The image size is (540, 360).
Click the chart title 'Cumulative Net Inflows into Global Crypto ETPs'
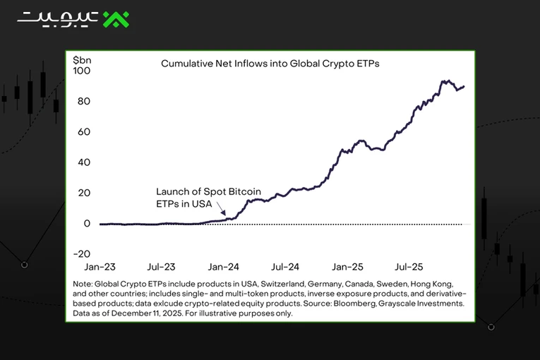point(270,64)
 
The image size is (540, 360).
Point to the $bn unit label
point(82,60)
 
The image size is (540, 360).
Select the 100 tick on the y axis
point(82,71)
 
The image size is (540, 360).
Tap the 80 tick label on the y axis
point(84,101)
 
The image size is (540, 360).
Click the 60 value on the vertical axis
point(84,132)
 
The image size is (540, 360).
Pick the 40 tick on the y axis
point(84,162)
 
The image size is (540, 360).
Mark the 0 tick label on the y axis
point(87,224)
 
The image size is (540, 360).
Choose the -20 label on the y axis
point(82,254)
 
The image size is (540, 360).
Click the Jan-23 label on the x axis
point(100,267)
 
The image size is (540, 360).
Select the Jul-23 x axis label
point(161,267)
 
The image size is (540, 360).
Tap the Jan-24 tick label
point(224,267)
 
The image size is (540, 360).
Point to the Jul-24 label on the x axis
point(285,267)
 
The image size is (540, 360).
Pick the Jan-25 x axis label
point(347,267)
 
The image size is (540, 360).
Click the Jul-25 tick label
point(409,267)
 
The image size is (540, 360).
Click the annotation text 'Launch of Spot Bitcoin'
point(208,191)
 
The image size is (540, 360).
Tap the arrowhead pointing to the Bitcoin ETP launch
point(224,213)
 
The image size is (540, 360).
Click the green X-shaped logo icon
point(116,19)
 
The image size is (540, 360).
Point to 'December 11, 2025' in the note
point(146,313)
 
